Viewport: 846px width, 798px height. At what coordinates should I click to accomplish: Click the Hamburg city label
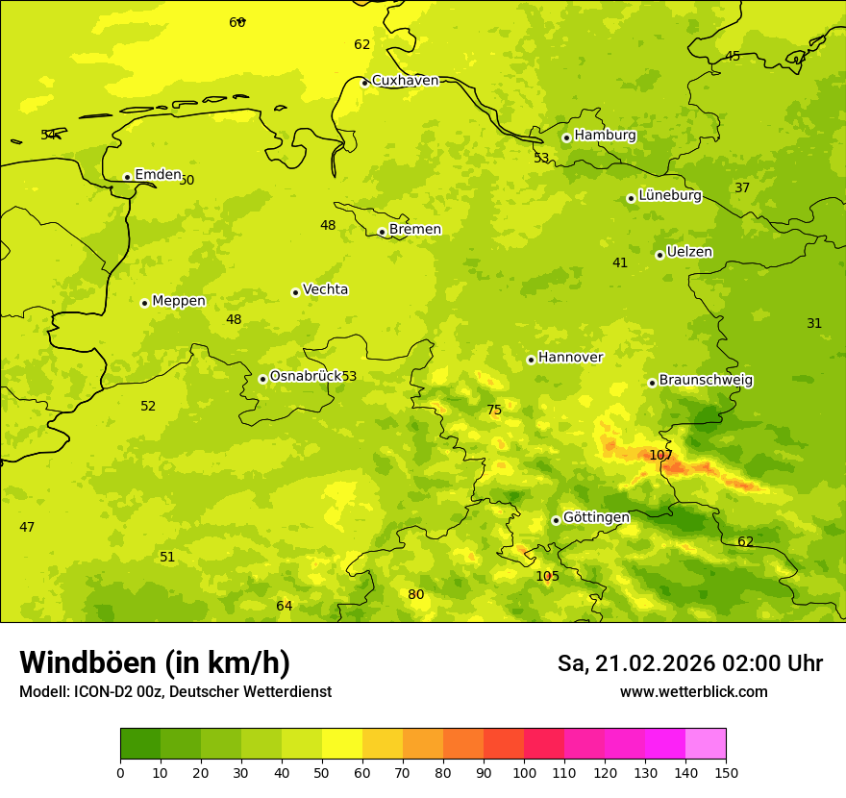(605, 136)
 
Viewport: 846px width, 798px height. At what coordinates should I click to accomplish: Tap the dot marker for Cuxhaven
(364, 83)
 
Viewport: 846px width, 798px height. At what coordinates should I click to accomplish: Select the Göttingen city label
(596, 517)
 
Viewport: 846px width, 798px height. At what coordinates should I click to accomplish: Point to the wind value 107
(660, 455)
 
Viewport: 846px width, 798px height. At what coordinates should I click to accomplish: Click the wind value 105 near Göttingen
(547, 576)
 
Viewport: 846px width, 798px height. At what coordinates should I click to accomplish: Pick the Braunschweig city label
(706, 380)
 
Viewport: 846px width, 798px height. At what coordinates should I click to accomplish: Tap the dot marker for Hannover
(531, 360)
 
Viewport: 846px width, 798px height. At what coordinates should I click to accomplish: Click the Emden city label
(158, 174)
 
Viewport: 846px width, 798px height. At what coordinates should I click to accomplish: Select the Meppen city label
(179, 301)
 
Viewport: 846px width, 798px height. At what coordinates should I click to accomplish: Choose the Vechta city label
(325, 289)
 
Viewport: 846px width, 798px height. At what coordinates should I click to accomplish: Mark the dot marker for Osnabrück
(262, 379)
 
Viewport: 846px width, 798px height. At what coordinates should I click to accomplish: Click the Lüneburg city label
(670, 195)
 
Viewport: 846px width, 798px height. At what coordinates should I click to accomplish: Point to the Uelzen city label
(689, 252)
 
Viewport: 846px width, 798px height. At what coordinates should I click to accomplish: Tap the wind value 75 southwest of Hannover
(494, 410)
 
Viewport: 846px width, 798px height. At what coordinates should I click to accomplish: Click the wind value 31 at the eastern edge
(814, 323)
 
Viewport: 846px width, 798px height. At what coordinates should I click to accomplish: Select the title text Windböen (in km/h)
(155, 662)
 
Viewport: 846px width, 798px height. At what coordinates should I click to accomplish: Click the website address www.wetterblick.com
(693, 692)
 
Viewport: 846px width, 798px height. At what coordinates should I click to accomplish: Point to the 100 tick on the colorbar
(524, 772)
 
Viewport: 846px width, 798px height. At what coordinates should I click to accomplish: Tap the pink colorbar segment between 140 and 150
(706, 744)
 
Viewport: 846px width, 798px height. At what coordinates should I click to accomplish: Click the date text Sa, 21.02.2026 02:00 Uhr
(689, 663)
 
